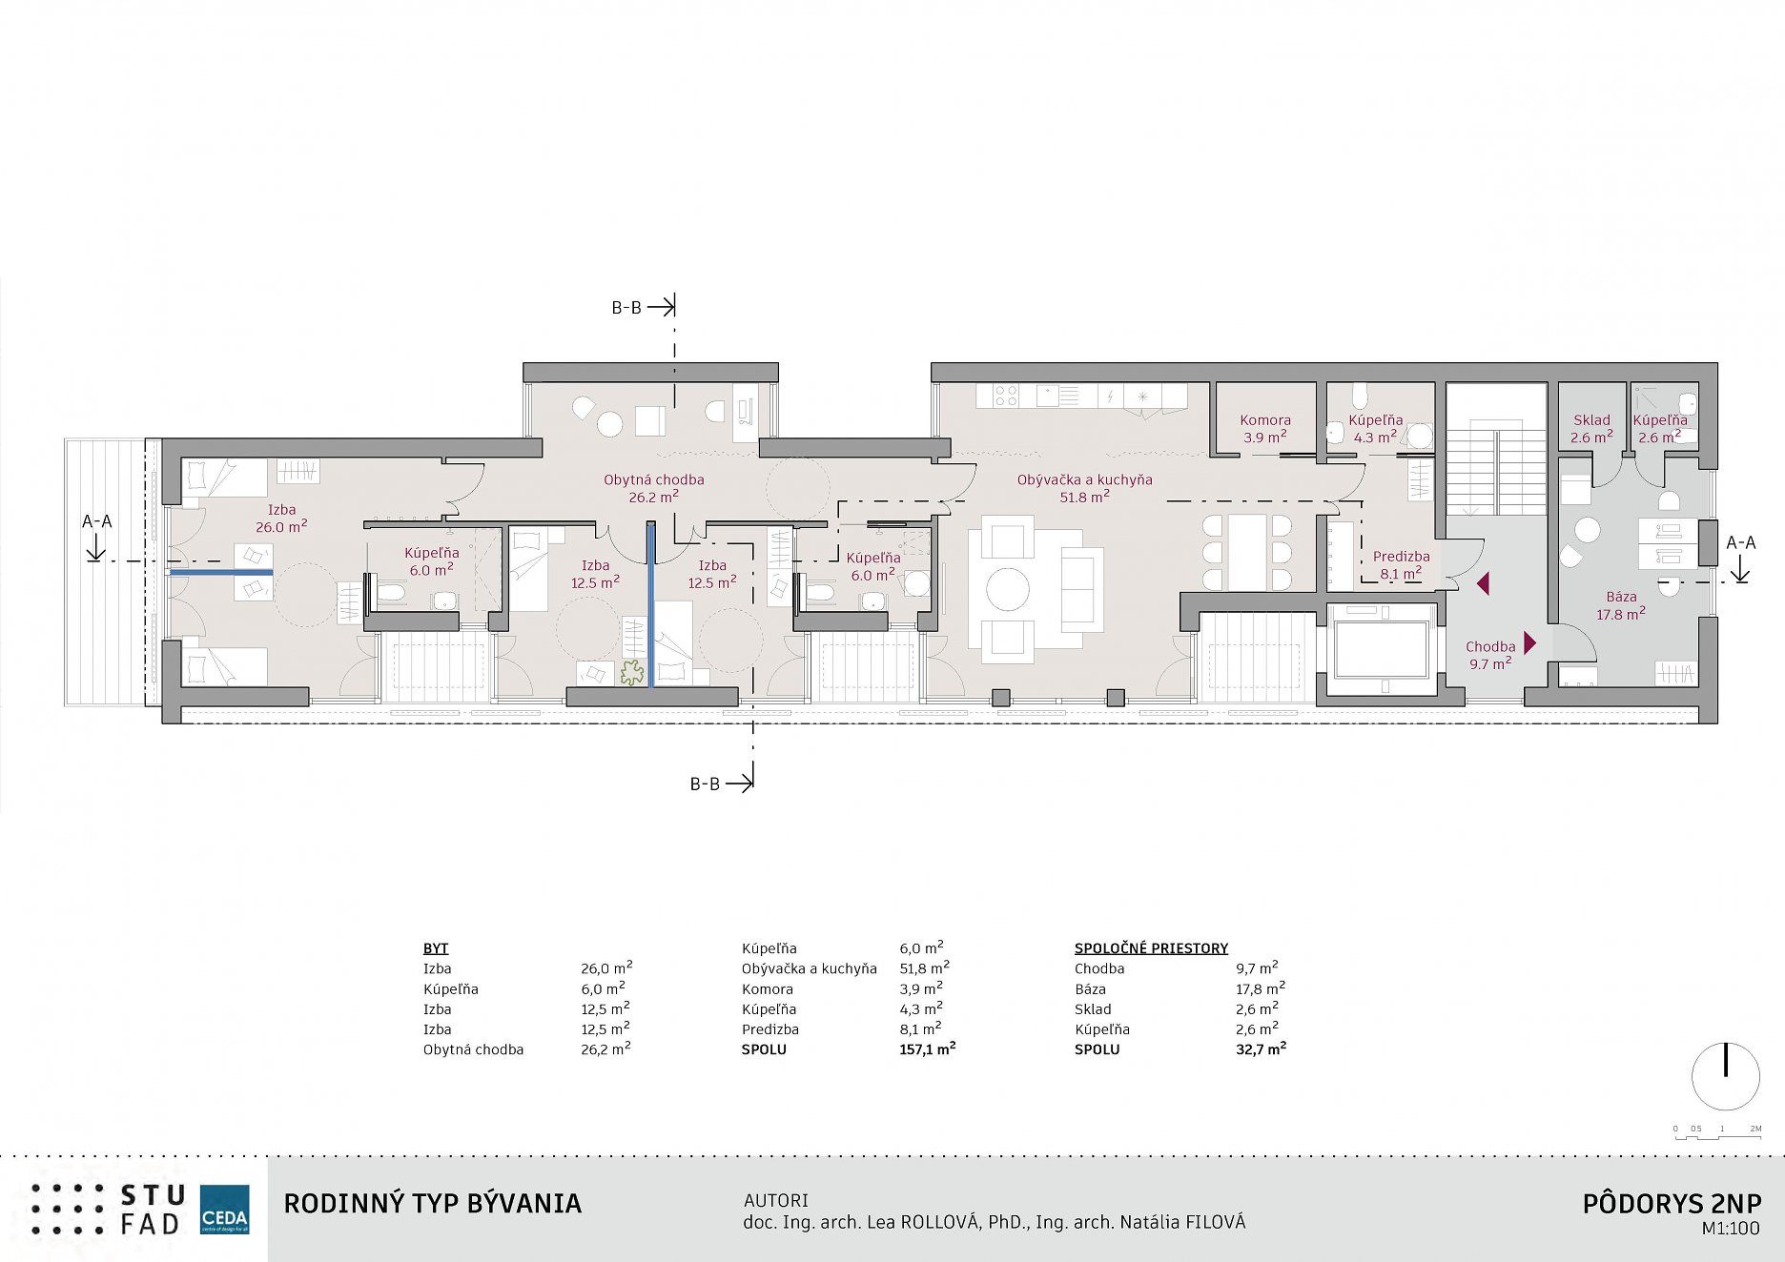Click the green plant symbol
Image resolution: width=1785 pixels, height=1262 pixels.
pyautogui.click(x=631, y=673)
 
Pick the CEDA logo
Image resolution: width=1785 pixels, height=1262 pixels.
pyautogui.click(x=225, y=1210)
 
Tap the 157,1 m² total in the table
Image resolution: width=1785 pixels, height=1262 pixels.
pyautogui.click(x=928, y=1048)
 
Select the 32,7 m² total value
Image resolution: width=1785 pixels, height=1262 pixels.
pyautogui.click(x=1261, y=1048)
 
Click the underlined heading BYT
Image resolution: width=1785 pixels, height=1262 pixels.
pyautogui.click(x=436, y=948)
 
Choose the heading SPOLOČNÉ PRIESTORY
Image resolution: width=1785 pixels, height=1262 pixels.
pyautogui.click(x=1151, y=948)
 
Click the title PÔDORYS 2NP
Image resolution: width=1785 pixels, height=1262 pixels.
pyautogui.click(x=1672, y=1204)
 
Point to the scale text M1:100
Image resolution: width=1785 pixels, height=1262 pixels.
pyautogui.click(x=1731, y=1229)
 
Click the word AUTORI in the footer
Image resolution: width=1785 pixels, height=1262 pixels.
pyautogui.click(x=776, y=1200)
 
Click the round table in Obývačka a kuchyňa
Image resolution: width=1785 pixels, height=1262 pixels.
pyautogui.click(x=1008, y=588)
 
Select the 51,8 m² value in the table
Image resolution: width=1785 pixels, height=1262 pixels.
pyautogui.click(x=925, y=968)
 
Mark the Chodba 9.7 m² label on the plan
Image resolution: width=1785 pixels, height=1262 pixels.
pyautogui.click(x=1490, y=655)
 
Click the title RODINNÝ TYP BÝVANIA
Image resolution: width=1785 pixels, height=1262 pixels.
pyautogui.click(x=433, y=1204)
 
